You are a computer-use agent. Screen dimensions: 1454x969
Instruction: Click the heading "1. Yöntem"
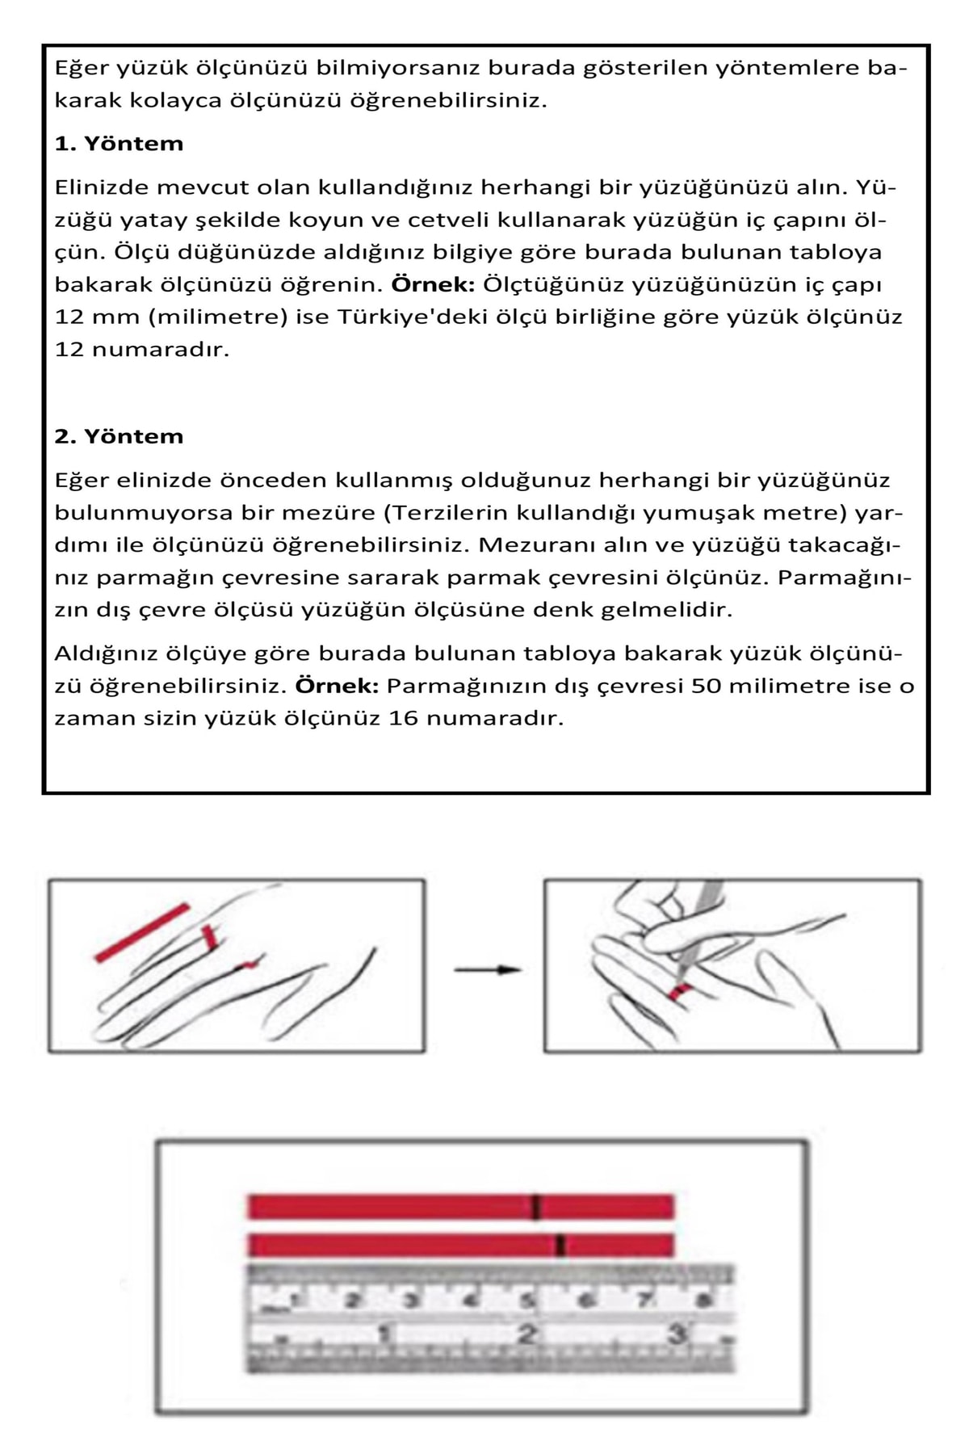click(x=119, y=144)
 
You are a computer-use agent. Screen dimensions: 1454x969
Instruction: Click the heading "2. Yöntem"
click(x=119, y=437)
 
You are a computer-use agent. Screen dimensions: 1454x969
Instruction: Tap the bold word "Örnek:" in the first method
click(x=434, y=285)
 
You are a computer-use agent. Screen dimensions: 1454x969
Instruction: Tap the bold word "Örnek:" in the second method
click(x=337, y=687)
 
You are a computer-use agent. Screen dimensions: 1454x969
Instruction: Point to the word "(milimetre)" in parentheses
click(x=218, y=317)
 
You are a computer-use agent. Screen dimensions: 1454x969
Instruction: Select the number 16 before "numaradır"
click(x=403, y=719)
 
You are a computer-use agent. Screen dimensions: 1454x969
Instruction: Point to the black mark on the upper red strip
click(x=535, y=1207)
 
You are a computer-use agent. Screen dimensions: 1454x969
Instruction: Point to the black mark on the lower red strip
click(x=560, y=1246)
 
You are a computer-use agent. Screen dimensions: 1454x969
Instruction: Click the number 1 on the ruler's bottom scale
click(x=385, y=1334)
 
